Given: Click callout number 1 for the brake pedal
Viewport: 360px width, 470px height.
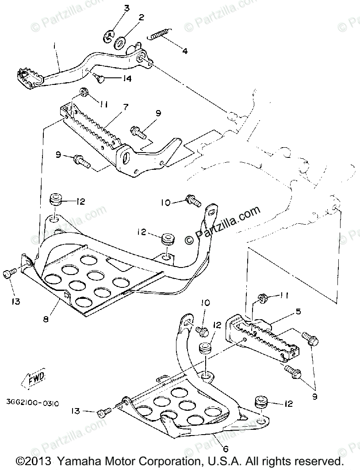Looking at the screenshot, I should [55, 45].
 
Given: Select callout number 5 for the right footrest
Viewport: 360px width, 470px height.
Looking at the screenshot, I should [299, 312].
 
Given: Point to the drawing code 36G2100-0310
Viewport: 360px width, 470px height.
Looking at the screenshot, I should [33, 403].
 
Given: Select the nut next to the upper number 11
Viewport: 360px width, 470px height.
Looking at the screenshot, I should [83, 92].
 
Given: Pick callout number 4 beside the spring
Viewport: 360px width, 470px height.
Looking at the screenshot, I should [184, 51].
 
